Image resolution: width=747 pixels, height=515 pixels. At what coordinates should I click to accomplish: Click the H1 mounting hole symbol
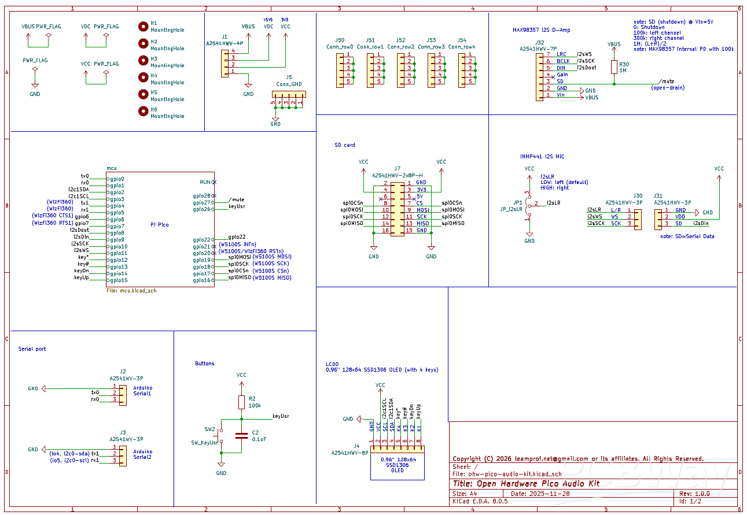click(143, 26)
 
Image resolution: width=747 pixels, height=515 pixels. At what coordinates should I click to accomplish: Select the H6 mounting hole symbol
click(143, 111)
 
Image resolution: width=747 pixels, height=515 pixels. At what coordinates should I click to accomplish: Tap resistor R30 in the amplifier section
click(614, 67)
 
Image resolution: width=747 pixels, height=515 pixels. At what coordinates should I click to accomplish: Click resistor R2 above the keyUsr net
click(241, 402)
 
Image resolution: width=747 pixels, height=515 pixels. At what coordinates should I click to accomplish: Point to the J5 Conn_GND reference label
click(289, 77)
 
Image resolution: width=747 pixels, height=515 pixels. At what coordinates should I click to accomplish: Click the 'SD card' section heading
click(345, 145)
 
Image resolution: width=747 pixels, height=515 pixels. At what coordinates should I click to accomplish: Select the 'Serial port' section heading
click(32, 349)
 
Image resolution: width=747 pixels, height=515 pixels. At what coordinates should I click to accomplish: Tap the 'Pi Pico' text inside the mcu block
click(160, 224)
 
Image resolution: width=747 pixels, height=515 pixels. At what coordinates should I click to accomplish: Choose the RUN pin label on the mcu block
click(205, 181)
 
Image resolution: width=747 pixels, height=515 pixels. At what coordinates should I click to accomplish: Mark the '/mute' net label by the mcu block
click(236, 199)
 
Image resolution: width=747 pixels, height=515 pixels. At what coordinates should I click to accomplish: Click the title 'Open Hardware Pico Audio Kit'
click(526, 484)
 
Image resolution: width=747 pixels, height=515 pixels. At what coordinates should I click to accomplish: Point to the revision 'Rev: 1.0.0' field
click(694, 494)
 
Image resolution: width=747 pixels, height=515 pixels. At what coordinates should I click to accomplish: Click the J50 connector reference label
click(340, 40)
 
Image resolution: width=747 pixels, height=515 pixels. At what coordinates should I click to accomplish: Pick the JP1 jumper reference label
click(518, 203)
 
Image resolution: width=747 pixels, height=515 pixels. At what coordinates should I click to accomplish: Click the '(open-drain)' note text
click(668, 88)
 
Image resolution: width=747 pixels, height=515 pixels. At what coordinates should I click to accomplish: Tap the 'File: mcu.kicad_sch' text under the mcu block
click(132, 291)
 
